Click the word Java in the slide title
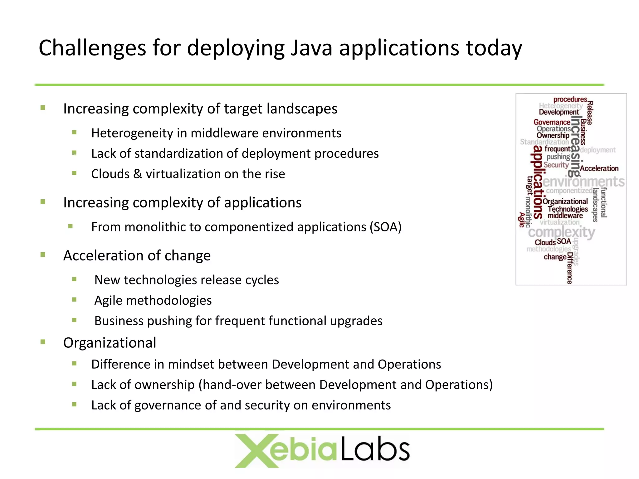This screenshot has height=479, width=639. [311, 48]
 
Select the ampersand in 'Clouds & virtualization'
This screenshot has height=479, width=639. [138, 174]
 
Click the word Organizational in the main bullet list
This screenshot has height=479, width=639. [110, 343]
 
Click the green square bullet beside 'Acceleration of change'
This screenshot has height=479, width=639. [43, 255]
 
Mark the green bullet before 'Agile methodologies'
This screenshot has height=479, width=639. [74, 300]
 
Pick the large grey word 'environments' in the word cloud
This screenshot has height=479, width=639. [583, 181]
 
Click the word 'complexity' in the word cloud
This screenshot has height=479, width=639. [562, 232]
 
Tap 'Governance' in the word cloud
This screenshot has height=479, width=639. [552, 122]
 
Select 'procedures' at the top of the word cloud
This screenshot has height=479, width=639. [570, 99]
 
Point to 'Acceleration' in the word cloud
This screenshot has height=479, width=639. [599, 168]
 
